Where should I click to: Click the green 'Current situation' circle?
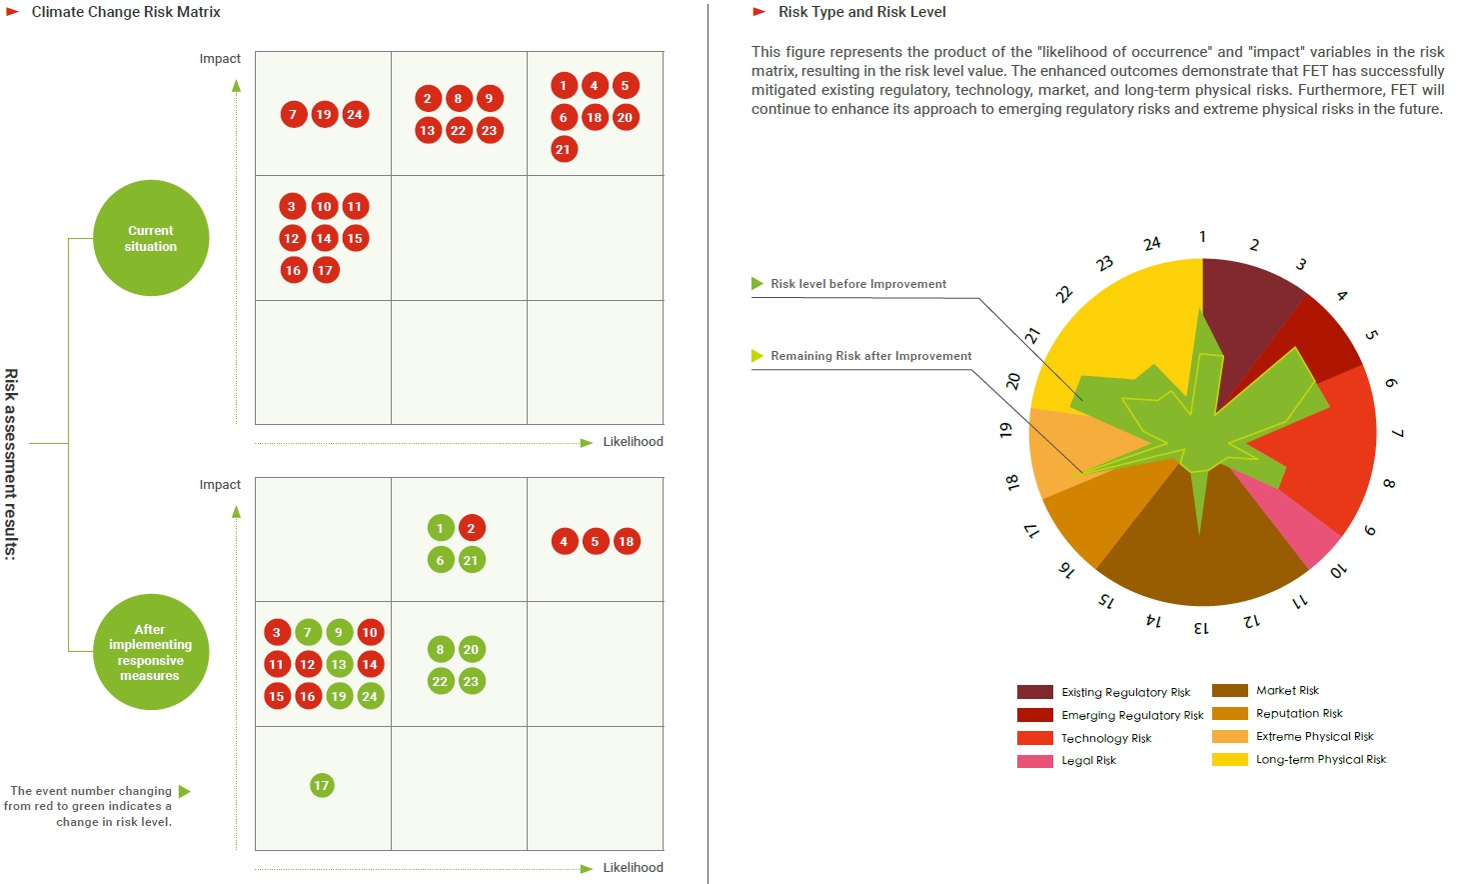(151, 238)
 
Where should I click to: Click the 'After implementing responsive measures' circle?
(151, 652)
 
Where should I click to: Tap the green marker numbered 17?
(321, 785)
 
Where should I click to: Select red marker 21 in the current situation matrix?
(564, 149)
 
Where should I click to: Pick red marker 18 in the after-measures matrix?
(626, 541)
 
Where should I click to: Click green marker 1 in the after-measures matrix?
(440, 528)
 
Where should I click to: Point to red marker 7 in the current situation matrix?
(293, 114)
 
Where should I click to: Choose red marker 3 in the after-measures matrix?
(277, 632)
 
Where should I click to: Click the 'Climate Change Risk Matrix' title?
(126, 12)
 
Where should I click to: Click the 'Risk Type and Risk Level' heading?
(861, 12)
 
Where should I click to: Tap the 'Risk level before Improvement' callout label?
(857, 284)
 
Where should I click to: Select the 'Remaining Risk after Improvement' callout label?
(870, 356)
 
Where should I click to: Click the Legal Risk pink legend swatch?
(1034, 761)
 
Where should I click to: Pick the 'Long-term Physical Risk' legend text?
(1320, 759)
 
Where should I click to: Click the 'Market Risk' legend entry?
(1287, 690)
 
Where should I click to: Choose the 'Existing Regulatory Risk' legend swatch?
(1034, 692)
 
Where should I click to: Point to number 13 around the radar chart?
(1201, 628)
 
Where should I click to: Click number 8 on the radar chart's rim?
(1388, 484)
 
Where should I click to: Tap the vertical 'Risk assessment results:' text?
(11, 464)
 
